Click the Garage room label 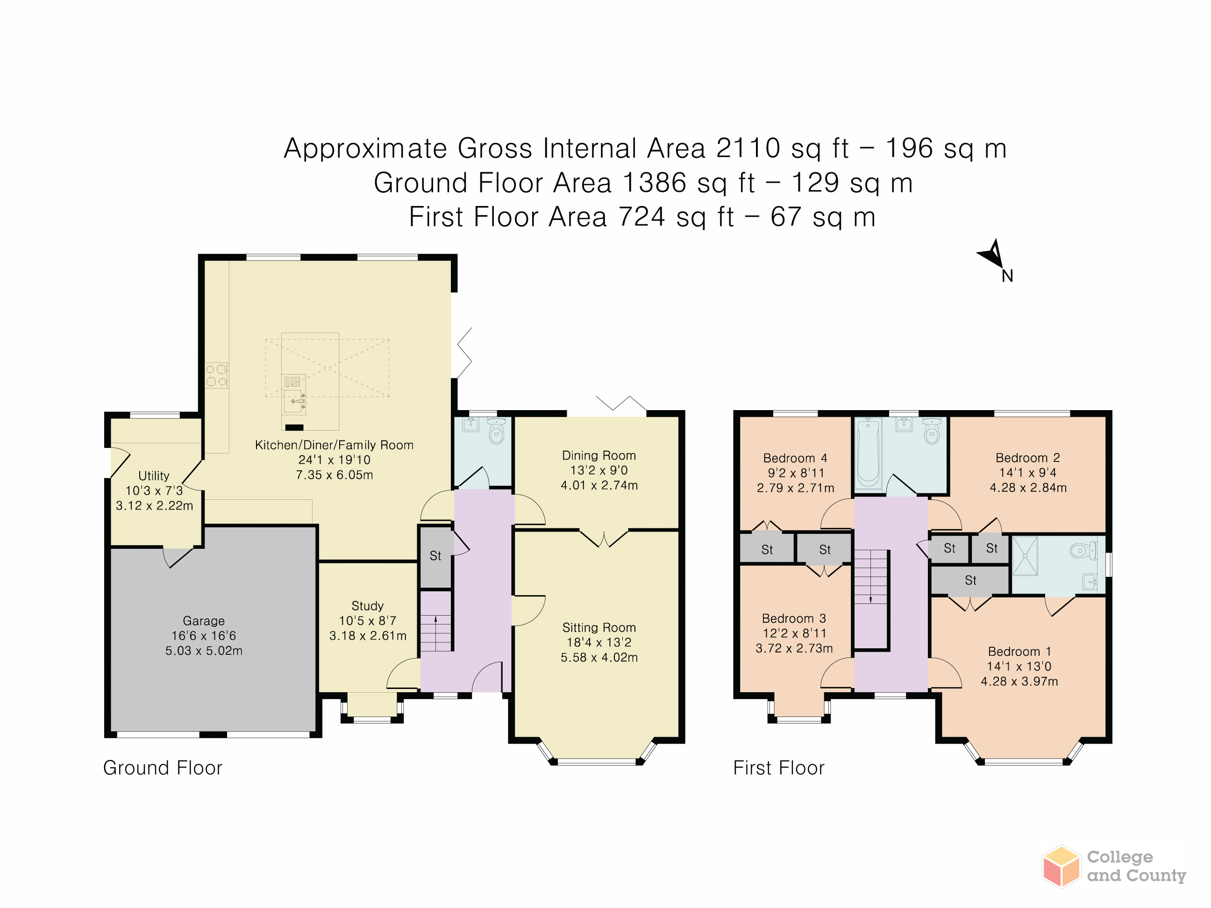click(x=204, y=621)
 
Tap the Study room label click(x=367, y=606)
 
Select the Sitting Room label click(x=599, y=627)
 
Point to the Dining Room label click(x=599, y=455)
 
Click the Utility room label click(x=154, y=475)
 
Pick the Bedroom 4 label click(x=795, y=458)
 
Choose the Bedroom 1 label click(x=1019, y=651)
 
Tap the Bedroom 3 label click(x=794, y=618)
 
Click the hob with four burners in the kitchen click(x=217, y=376)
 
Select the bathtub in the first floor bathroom click(x=868, y=452)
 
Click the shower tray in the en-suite click(x=1025, y=556)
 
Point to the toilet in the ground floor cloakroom click(x=497, y=431)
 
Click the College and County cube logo click(x=1061, y=866)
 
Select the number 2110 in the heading click(x=748, y=149)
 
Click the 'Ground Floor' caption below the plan click(x=163, y=768)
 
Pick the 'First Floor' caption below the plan click(x=778, y=768)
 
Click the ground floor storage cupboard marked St click(x=436, y=557)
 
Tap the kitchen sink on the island click(x=294, y=401)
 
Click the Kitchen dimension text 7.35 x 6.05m click(x=335, y=475)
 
